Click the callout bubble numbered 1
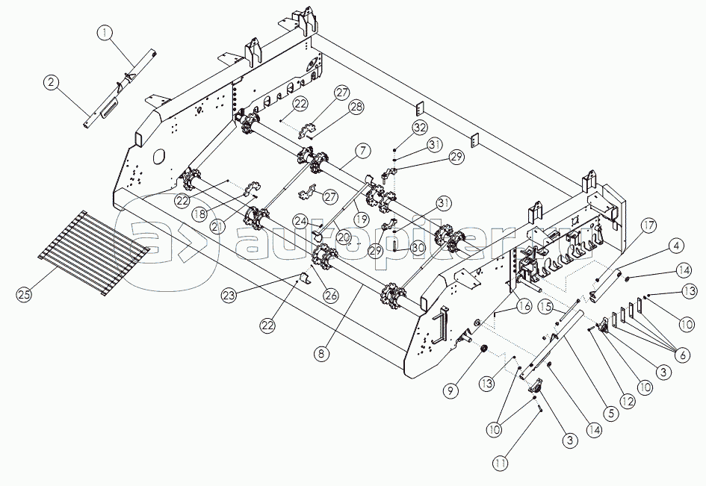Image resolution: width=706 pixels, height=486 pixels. tap(105, 32)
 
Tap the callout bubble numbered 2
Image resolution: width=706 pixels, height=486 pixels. tap(51, 83)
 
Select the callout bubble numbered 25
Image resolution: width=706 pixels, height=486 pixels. tap(25, 295)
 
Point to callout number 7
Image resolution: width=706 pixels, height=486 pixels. tap(363, 151)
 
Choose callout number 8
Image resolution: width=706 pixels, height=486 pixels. tap(321, 353)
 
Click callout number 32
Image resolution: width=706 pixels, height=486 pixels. tap(421, 128)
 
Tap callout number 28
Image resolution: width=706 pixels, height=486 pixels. tap(356, 108)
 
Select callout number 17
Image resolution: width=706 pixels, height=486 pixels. tap(649, 225)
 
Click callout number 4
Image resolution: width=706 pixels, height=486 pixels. tap(676, 246)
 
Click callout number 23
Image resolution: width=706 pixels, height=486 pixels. tap(229, 295)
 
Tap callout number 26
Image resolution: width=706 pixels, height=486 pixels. tap(332, 296)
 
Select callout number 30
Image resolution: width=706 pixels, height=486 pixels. tap(418, 248)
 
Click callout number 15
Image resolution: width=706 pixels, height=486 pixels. tap(547, 306)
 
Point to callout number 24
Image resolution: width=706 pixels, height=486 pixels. tap(301, 221)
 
